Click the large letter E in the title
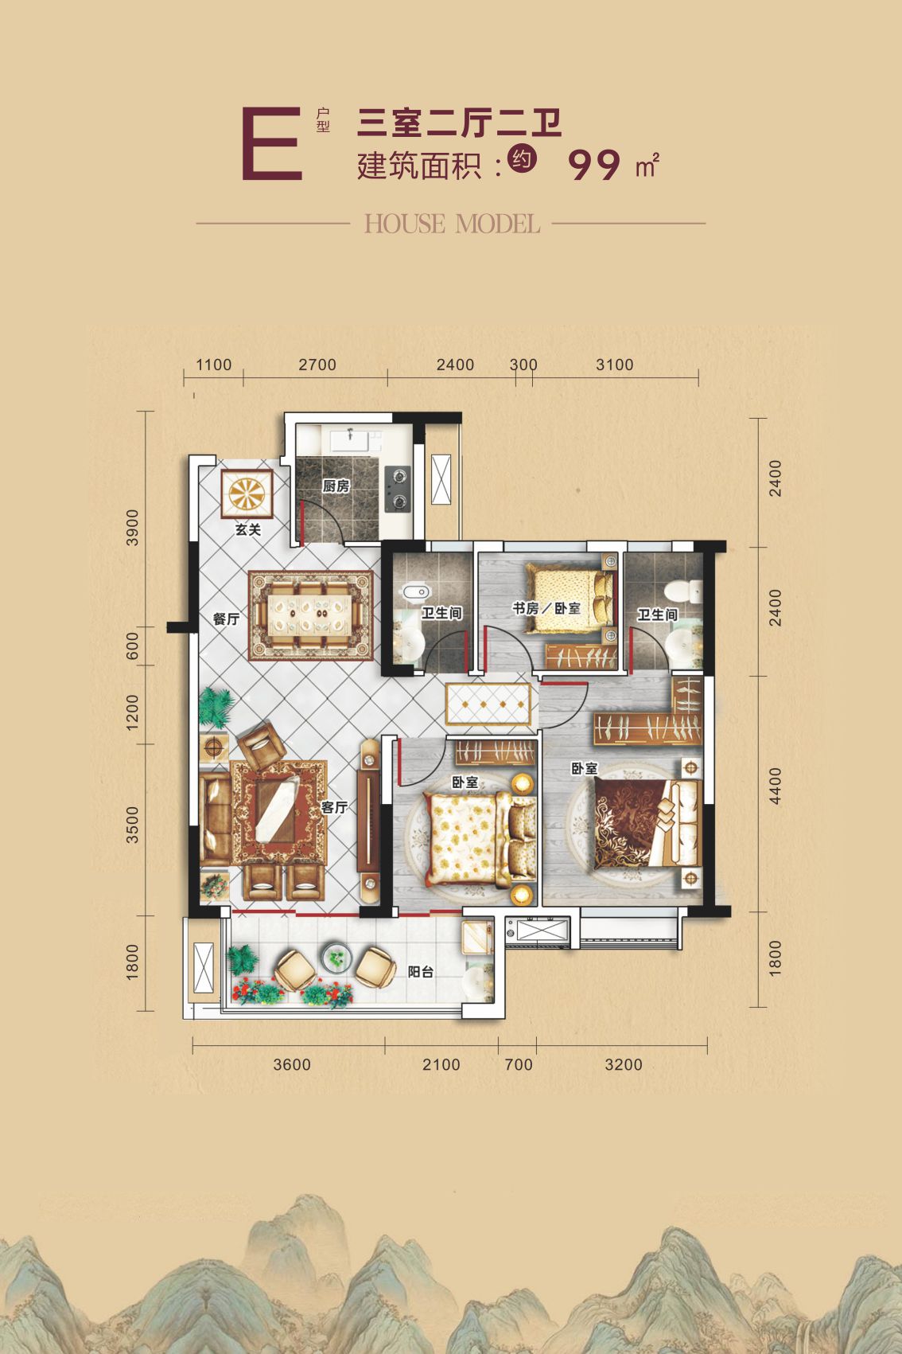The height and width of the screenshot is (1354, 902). click(x=272, y=144)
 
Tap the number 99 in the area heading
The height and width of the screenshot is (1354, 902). click(x=594, y=165)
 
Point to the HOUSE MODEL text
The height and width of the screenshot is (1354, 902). click(x=452, y=224)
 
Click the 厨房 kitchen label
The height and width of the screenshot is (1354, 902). click(x=336, y=486)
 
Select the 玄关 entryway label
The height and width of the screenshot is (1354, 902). click(x=247, y=529)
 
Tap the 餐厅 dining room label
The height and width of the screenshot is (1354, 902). click(x=226, y=618)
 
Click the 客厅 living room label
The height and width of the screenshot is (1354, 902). click(x=334, y=807)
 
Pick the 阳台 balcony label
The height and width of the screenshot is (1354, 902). click(x=421, y=972)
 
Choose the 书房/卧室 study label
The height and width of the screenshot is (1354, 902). click(x=546, y=607)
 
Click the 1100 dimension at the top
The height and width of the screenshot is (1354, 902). click(x=214, y=365)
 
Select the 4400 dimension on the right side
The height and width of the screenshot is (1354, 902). click(x=775, y=786)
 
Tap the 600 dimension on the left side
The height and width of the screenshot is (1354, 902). click(x=132, y=646)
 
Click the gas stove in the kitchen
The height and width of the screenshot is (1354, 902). click(x=398, y=489)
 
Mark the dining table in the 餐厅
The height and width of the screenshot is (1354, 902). click(x=310, y=615)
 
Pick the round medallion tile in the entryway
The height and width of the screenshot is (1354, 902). click(x=247, y=494)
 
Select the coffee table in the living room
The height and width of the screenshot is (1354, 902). click(x=277, y=810)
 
